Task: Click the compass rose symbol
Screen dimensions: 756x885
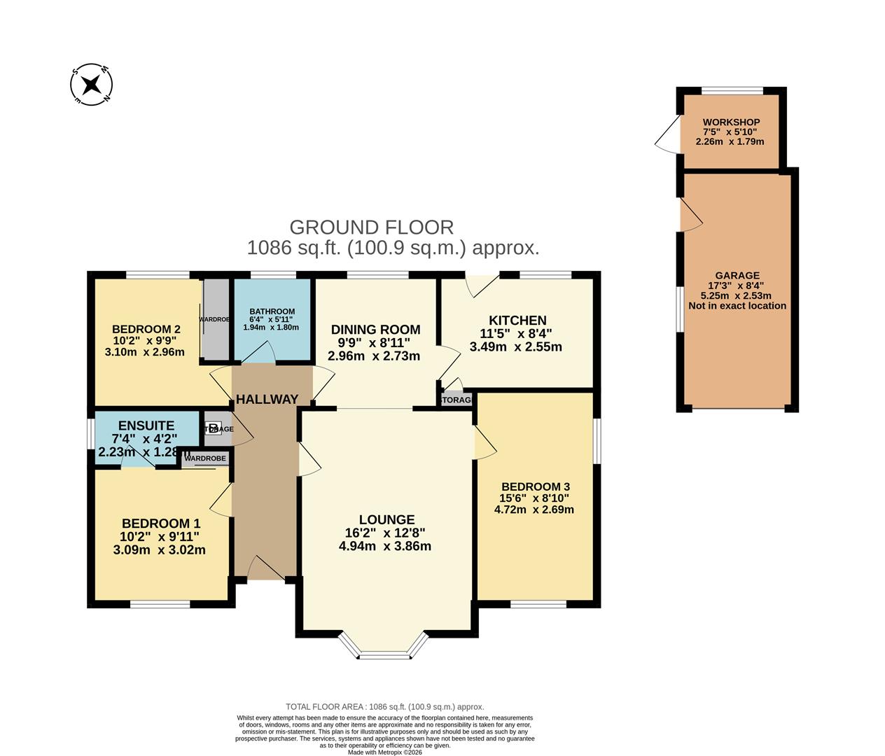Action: click(91, 85)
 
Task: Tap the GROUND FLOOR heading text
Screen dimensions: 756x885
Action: click(371, 227)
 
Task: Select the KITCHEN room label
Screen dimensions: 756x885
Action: click(517, 321)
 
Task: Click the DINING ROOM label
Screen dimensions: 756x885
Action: click(375, 330)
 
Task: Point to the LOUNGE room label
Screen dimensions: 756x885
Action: click(386, 519)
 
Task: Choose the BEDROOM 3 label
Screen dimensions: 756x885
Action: click(535, 486)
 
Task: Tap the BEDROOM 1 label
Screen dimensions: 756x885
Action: click(161, 524)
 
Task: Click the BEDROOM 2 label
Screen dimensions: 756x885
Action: click(146, 329)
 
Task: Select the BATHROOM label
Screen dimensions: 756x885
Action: click(272, 311)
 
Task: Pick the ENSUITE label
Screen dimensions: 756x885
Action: click(146, 426)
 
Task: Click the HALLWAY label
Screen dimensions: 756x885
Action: click(267, 400)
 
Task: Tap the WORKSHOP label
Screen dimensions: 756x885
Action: click(731, 122)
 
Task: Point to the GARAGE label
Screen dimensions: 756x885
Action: click(737, 276)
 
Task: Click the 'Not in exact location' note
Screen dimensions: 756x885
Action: click(737, 306)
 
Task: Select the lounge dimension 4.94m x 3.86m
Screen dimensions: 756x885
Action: click(384, 546)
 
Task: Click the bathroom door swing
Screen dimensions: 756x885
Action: click(260, 352)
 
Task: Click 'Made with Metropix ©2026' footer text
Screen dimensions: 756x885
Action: click(384, 752)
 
